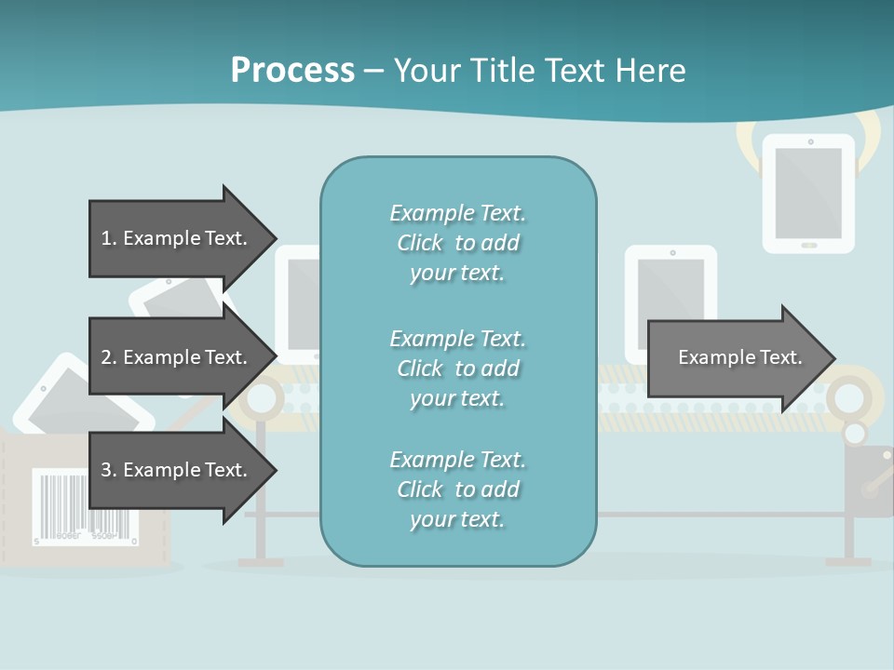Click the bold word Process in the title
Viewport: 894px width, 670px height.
(292, 70)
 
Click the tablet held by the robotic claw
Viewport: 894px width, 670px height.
(808, 194)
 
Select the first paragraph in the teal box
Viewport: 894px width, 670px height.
(457, 243)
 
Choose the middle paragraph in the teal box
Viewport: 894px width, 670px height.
(457, 368)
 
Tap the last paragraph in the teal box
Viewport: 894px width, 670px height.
(457, 489)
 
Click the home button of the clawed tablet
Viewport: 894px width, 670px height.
(808, 245)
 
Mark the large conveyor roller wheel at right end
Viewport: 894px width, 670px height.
(848, 398)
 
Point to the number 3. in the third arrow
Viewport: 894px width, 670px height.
(108, 470)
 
